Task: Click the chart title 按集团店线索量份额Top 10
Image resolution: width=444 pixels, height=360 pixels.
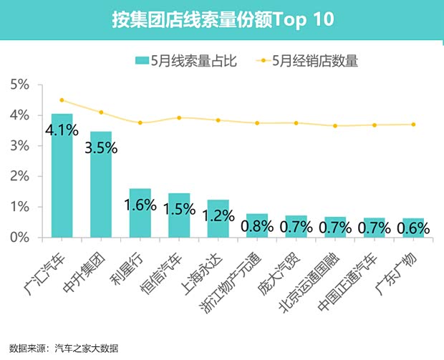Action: (x=222, y=19)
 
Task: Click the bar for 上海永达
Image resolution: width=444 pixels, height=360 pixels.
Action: (x=218, y=218)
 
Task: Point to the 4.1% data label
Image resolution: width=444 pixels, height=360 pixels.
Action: (x=62, y=130)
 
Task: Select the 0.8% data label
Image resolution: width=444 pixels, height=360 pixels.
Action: (x=257, y=227)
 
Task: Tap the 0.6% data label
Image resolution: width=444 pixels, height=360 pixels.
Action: (x=413, y=229)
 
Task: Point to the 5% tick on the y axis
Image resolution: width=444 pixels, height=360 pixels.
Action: (x=19, y=85)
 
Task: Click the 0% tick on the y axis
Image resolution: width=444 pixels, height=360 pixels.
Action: (x=19, y=237)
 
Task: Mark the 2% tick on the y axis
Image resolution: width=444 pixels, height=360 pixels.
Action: (x=19, y=176)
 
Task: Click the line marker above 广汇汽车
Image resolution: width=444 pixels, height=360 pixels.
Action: (x=62, y=100)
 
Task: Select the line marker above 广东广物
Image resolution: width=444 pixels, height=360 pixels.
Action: (x=413, y=125)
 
